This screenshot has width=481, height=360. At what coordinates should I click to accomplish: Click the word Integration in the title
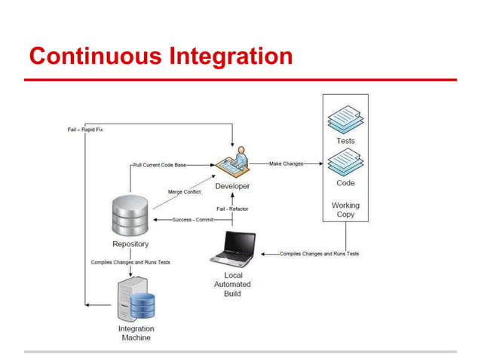point(226,57)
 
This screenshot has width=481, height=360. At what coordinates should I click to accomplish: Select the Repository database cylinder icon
point(130,216)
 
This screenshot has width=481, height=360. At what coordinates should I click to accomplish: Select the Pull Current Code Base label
point(159,164)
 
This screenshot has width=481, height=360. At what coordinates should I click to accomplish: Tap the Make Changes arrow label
point(286,164)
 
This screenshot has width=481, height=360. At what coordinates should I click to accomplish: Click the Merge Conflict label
point(184,192)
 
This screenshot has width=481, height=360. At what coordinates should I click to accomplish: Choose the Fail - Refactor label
point(232,209)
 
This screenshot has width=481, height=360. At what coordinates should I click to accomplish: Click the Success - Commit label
point(193,220)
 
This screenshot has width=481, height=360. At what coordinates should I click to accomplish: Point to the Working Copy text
point(345,209)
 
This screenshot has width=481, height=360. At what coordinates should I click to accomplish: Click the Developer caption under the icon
point(232,186)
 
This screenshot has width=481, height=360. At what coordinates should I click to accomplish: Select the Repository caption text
point(130,244)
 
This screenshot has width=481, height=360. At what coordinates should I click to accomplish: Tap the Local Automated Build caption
point(232,284)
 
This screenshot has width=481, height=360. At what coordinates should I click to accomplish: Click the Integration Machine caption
point(136,333)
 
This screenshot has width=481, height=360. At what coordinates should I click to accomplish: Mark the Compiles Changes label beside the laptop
point(319,254)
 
